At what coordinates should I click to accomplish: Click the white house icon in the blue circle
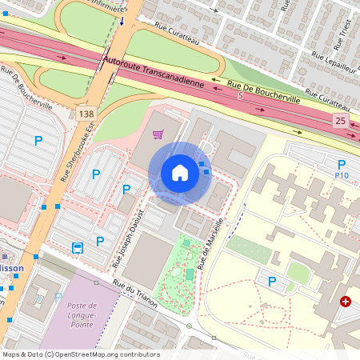pyautogui.click(x=180, y=173)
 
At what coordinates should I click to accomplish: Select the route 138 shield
pyautogui.click(x=86, y=114)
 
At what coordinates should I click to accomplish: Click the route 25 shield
pyautogui.click(x=341, y=120)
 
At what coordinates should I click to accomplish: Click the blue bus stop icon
pyautogui.click(x=78, y=247)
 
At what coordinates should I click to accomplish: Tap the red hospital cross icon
pyautogui.click(x=345, y=302)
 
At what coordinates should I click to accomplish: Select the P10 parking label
pyautogui.click(x=342, y=174)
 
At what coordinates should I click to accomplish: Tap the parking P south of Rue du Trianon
pyautogui.click(x=272, y=282)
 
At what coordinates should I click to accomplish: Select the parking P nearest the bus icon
pyautogui.click(x=100, y=241)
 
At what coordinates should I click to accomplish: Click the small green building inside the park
pyautogui.click(x=190, y=274)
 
